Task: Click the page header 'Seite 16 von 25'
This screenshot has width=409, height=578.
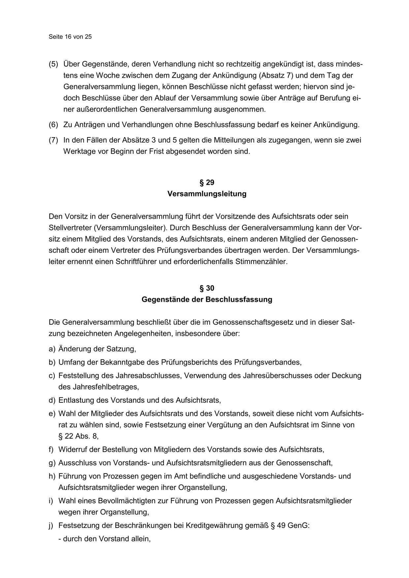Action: click(x=70, y=37)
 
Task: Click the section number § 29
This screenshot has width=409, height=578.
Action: click(x=207, y=183)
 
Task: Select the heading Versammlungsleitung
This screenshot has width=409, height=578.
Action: click(x=207, y=194)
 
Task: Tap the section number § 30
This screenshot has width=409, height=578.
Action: click(x=207, y=288)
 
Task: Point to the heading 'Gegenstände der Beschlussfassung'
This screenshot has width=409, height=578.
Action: click(x=207, y=300)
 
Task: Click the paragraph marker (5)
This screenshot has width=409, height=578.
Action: click(x=53, y=64)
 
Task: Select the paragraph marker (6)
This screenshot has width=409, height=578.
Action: click(x=53, y=125)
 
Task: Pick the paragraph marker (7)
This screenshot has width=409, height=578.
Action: click(x=53, y=140)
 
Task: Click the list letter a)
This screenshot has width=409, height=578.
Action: click(x=52, y=349)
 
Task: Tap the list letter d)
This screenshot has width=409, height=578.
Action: click(x=52, y=400)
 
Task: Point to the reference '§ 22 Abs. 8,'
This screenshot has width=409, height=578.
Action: click(x=79, y=436)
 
